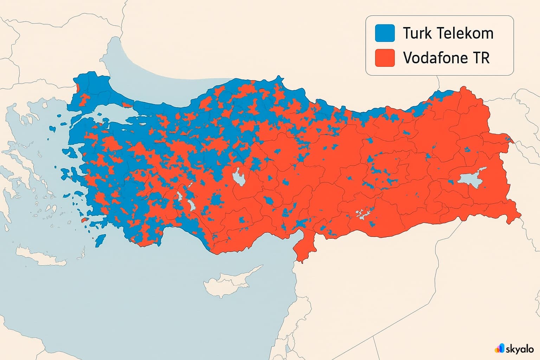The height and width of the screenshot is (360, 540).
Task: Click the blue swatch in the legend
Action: [385, 33]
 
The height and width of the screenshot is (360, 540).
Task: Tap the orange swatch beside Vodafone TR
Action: [385, 58]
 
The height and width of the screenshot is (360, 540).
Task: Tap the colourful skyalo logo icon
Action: [499, 348]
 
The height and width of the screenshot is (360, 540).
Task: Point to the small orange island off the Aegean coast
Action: [84, 220]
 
